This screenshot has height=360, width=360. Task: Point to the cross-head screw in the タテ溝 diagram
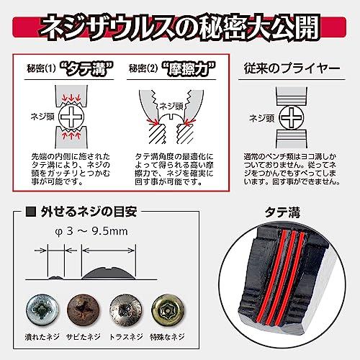[72, 116]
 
